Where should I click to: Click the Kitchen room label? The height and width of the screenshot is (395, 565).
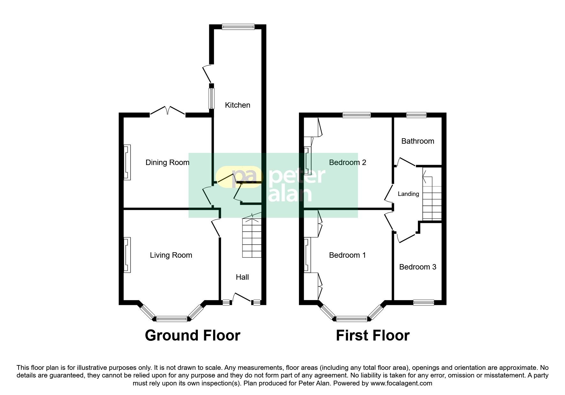pyautogui.click(x=237, y=105)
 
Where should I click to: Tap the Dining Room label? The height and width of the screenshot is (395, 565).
pyautogui.click(x=167, y=162)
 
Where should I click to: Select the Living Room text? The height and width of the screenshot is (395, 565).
pyautogui.click(x=171, y=255)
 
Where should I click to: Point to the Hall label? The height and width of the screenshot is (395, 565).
pyautogui.click(x=242, y=277)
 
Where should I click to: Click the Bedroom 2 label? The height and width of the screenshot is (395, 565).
pyautogui.click(x=347, y=162)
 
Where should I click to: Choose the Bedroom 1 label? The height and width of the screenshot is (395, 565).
pyautogui.click(x=347, y=255)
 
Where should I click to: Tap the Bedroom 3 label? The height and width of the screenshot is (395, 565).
pyautogui.click(x=418, y=267)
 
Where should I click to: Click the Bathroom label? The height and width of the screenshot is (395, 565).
pyautogui.click(x=418, y=141)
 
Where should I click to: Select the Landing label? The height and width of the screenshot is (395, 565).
pyautogui.click(x=408, y=194)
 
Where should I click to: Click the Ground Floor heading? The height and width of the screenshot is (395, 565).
pyautogui.click(x=192, y=335)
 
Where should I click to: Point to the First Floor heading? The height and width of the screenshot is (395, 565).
pyautogui.click(x=373, y=335)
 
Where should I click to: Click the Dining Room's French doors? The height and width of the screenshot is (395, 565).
pyautogui.click(x=167, y=111)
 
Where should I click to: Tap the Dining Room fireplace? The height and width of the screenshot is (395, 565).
pyautogui.click(x=127, y=162)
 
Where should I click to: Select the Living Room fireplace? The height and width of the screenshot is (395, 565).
pyautogui.click(x=127, y=255)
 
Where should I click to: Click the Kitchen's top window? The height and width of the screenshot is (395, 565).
pyautogui.click(x=238, y=27)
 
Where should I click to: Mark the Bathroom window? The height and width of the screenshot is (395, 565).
pyautogui.click(x=416, y=115)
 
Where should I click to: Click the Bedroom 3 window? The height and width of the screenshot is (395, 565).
pyautogui.click(x=424, y=303)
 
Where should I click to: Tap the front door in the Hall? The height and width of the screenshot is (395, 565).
pyautogui.click(x=242, y=298)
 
